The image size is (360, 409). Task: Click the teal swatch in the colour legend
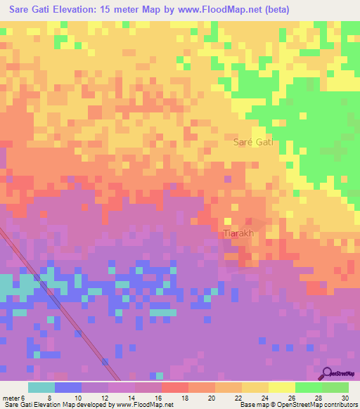[x=41, y=387]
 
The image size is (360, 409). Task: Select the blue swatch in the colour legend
[x=67, y=387]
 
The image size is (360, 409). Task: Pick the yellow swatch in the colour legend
[x=281, y=387]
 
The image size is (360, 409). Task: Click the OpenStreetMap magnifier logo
[x=326, y=372]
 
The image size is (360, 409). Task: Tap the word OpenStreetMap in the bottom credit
[x=294, y=405]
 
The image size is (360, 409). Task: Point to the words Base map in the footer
[x=251, y=405]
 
